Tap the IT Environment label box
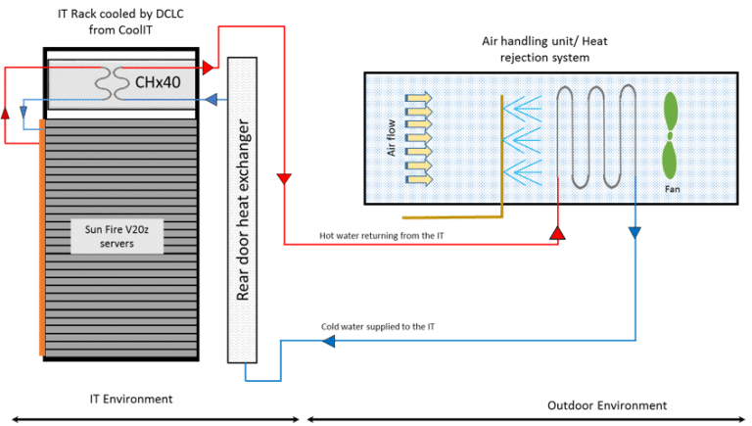[x=132, y=399]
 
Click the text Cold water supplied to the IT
[x=378, y=326]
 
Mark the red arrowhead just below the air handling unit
[x=557, y=233]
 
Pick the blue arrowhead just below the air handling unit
[x=634, y=232]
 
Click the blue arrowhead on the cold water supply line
[x=327, y=341]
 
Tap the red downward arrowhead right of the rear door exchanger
[x=284, y=179]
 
